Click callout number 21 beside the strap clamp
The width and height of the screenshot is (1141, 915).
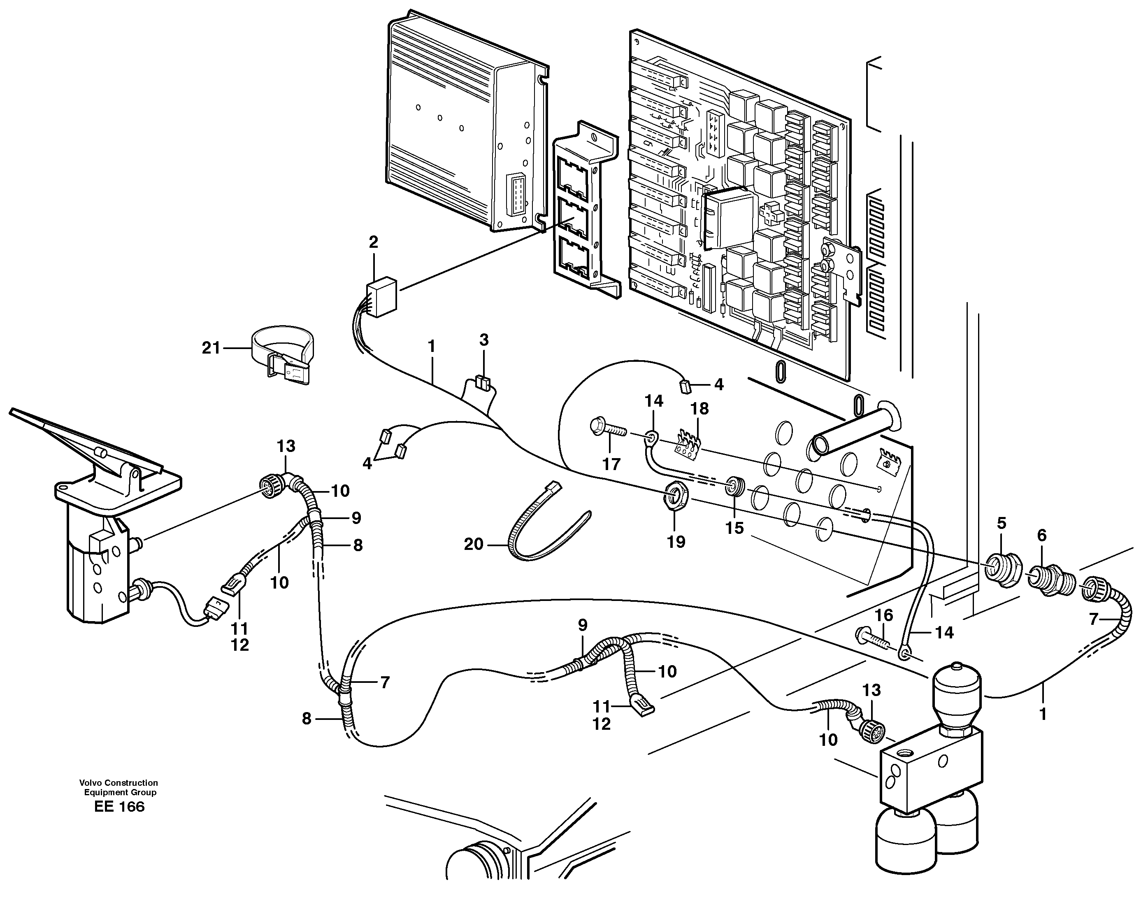click(211, 348)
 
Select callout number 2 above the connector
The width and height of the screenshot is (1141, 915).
click(374, 242)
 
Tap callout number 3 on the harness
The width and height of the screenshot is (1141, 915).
click(484, 340)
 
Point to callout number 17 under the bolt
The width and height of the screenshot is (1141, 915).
click(611, 464)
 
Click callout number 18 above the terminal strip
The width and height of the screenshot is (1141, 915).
click(699, 409)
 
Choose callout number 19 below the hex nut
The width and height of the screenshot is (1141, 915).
click(676, 542)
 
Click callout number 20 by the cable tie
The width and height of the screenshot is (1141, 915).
click(474, 544)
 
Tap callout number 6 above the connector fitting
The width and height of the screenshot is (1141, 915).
click(1041, 535)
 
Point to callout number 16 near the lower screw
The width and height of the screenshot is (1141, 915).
click(884, 615)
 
